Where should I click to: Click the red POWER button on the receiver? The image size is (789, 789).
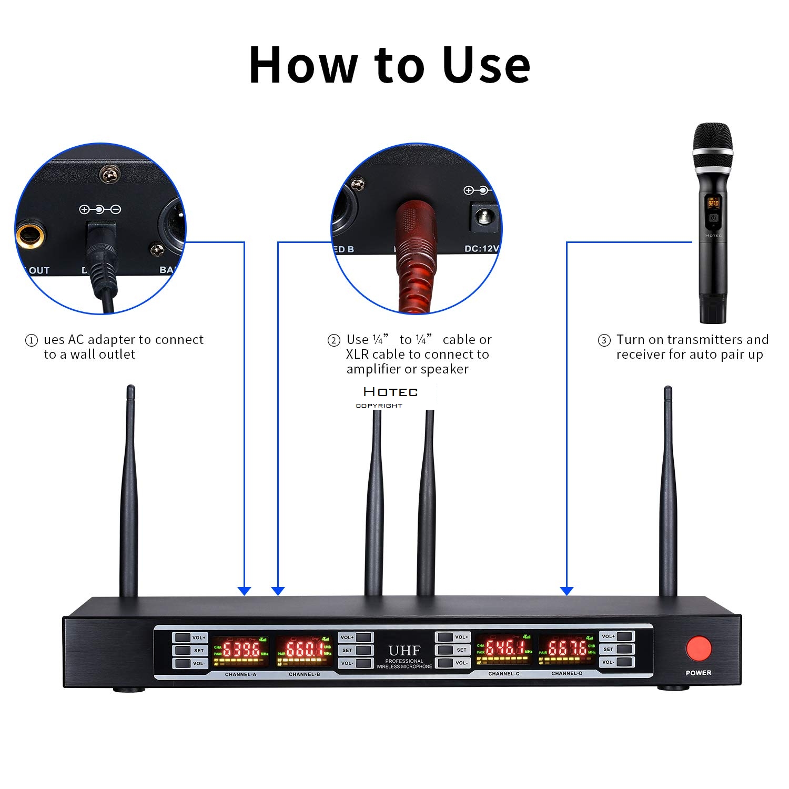[698, 649]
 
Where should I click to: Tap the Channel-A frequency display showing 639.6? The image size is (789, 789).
[241, 651]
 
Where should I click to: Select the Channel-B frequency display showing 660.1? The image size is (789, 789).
[304, 651]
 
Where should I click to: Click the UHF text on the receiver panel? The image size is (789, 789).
[404, 651]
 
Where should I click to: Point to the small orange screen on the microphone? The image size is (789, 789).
[713, 203]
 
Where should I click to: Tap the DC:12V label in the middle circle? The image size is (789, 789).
[481, 248]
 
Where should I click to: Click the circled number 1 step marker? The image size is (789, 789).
[32, 341]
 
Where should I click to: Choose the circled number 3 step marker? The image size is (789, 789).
[604, 341]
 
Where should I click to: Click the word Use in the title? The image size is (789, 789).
[486, 65]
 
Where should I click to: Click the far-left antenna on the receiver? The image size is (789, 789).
[129, 494]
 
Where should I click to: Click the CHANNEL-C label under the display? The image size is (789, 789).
[503, 674]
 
